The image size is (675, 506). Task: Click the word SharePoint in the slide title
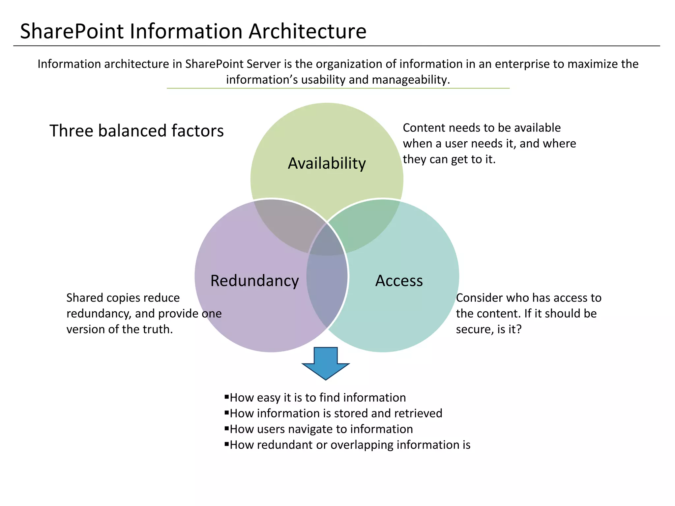pyautogui.click(x=72, y=31)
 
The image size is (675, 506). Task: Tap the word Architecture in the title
pyautogui.click(x=307, y=31)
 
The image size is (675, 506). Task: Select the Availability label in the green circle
pyautogui.click(x=327, y=163)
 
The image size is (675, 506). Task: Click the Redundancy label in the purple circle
pyautogui.click(x=254, y=281)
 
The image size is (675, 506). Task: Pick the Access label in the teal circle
pyautogui.click(x=399, y=281)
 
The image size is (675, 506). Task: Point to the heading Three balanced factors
pyautogui.click(x=136, y=131)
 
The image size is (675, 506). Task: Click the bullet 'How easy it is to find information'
pyautogui.click(x=317, y=398)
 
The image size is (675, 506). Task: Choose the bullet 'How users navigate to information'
pyautogui.click(x=321, y=429)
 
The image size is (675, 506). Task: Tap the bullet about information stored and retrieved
pyautogui.click(x=336, y=413)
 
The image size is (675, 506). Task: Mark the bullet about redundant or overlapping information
pyautogui.click(x=350, y=445)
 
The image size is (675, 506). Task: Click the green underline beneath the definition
pyautogui.click(x=338, y=88)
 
